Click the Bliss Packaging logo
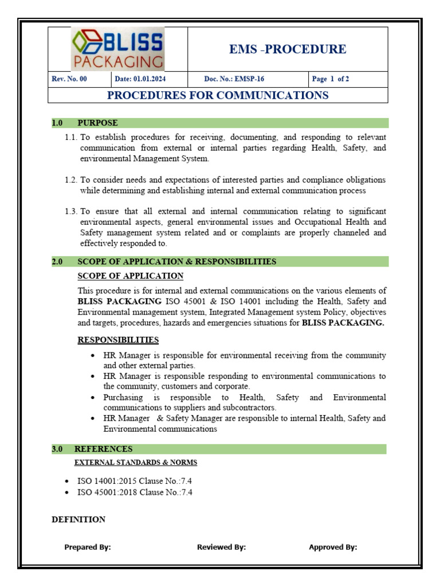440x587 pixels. pyautogui.click(x=117, y=49)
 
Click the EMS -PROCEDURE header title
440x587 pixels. pyautogui.click(x=288, y=49)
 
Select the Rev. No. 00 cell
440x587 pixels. pyautogui.click(x=69, y=79)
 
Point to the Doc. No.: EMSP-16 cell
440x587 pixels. pyautogui.click(x=234, y=79)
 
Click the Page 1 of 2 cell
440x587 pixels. pyautogui.click(x=331, y=79)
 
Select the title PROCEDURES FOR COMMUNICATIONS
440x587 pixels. pyautogui.click(x=218, y=95)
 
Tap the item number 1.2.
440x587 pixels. pyautogui.click(x=70, y=180)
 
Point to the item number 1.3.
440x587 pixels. pyautogui.click(x=70, y=212)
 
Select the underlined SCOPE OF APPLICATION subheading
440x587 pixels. pyautogui.click(x=130, y=276)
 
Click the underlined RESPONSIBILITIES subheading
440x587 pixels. pyautogui.click(x=118, y=340)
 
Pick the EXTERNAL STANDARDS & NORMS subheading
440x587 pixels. pyautogui.click(x=136, y=462)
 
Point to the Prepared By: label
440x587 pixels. pyautogui.click(x=88, y=547)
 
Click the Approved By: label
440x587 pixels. pyautogui.click(x=333, y=547)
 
